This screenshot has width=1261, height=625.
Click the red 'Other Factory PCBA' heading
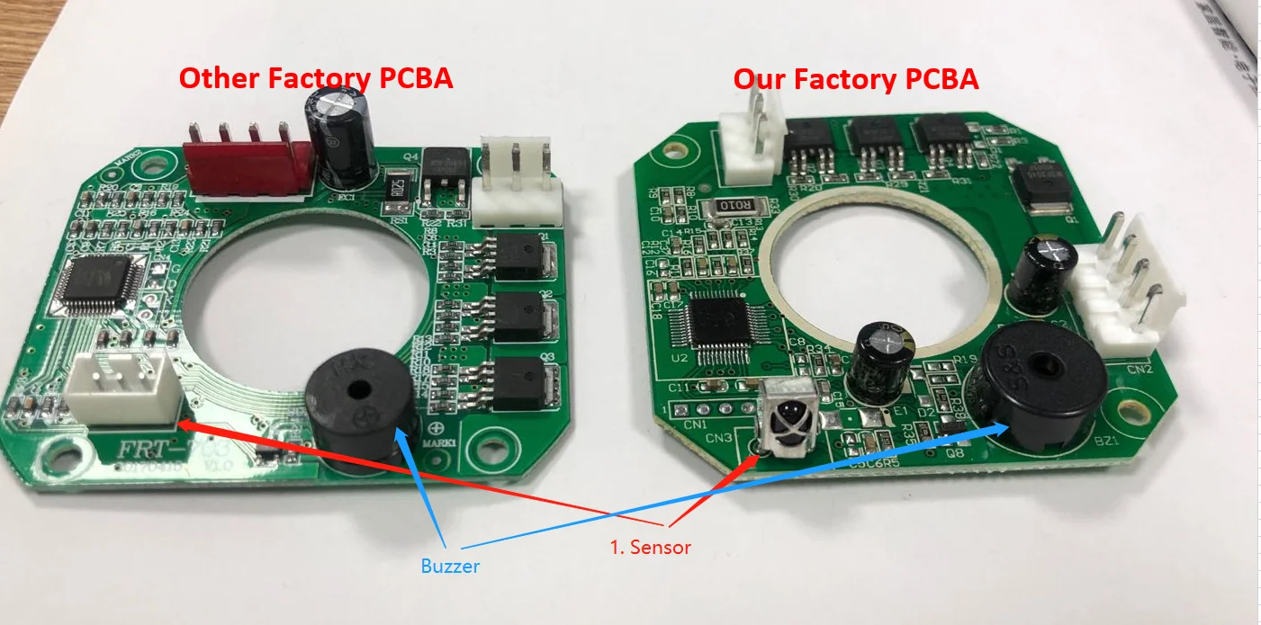(x=315, y=78)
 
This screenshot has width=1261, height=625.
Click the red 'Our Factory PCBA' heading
(x=855, y=79)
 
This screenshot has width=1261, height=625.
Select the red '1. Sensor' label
(x=650, y=547)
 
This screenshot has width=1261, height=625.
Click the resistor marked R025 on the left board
(x=395, y=189)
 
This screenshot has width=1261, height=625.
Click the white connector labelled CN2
(x=1121, y=297)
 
